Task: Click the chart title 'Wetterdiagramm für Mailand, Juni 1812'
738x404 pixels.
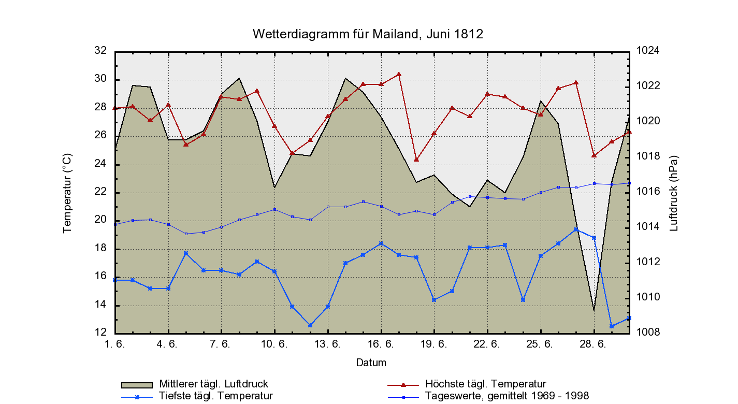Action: (x=368, y=34)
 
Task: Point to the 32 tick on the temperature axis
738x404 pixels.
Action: (x=100, y=51)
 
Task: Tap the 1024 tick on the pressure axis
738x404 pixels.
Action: (x=647, y=51)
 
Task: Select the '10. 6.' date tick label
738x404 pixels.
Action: (x=274, y=344)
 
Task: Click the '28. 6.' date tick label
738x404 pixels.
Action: (x=594, y=344)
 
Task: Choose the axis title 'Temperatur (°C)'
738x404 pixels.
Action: (x=67, y=193)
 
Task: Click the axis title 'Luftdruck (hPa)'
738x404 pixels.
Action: (x=674, y=193)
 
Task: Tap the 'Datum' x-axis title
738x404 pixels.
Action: (x=371, y=363)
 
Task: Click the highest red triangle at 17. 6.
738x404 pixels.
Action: (x=399, y=74)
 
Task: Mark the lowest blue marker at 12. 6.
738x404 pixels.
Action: (x=310, y=325)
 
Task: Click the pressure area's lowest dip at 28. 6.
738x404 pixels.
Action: (x=594, y=310)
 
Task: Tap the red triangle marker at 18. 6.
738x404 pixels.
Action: (x=416, y=160)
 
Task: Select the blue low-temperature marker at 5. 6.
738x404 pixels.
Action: (x=186, y=253)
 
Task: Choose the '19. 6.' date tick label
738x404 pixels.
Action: (x=434, y=344)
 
